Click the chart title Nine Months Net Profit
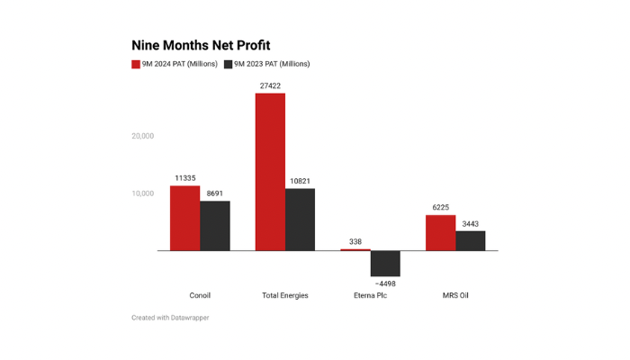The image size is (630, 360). (201, 45)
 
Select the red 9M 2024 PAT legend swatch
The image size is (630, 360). (136, 64)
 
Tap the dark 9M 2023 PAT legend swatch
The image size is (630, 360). (229, 64)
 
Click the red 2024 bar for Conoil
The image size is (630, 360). (184, 218)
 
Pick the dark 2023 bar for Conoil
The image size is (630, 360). (215, 226)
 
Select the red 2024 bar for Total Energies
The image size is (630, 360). (270, 171)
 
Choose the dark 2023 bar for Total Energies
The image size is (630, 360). (301, 220)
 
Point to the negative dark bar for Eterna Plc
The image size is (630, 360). (385, 264)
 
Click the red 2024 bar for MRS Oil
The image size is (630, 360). (440, 232)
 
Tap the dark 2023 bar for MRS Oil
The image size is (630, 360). (471, 240)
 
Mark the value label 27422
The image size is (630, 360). (270, 85)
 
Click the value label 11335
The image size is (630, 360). (185, 178)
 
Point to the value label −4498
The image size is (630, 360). (385, 284)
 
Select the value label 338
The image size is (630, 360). (355, 241)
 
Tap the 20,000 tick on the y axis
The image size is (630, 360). (142, 137)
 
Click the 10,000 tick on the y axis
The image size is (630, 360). (142, 193)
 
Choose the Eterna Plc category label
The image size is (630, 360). (370, 295)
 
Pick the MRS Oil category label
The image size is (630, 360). (455, 295)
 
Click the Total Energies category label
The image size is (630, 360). (284, 295)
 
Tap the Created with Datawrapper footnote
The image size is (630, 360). (170, 318)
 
